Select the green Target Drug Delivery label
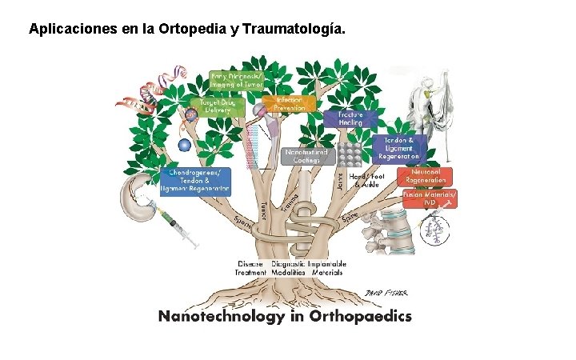210,106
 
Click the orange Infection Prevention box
289,104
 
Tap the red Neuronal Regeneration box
425,175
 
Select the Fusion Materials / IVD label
430,198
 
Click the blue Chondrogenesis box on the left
195,180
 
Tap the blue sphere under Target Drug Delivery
185,145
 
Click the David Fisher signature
382,293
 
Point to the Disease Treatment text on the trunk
250,268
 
